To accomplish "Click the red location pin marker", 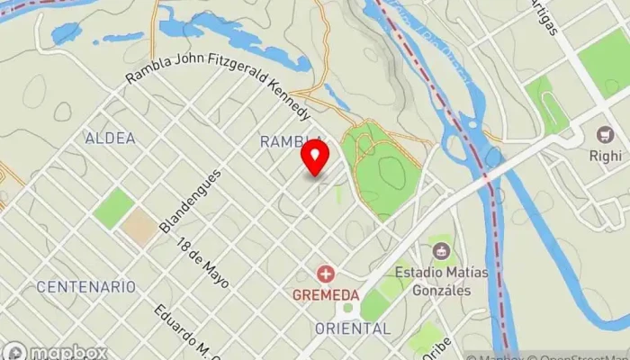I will point(314,157).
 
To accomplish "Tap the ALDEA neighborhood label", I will point(110,139).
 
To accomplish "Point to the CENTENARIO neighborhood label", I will point(86,287).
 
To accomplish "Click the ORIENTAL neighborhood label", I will point(354,328).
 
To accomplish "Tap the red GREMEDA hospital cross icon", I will point(325,273).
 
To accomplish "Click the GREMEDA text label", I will point(325,294).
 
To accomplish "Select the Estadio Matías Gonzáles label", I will point(445,281).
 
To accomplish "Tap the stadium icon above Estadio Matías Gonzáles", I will point(441,247).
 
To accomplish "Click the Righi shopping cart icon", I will point(604,135).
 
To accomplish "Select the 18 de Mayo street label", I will point(202,264).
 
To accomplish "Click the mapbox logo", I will point(54,351).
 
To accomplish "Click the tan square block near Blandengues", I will point(139,227).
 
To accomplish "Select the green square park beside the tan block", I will point(113,208).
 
